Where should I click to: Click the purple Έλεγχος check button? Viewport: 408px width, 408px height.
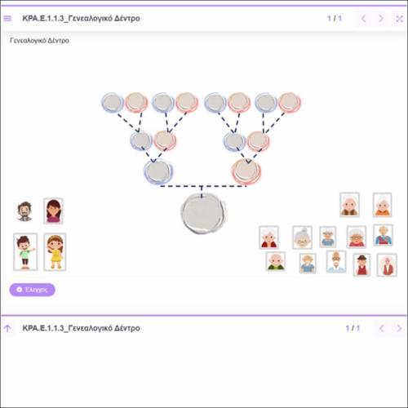(32, 290)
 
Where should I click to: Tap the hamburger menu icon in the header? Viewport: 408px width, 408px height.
(7, 19)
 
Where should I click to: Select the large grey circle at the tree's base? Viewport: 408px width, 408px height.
(203, 214)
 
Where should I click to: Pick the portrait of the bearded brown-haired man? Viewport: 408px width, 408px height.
(24, 211)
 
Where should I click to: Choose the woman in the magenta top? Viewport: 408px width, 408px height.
(53, 211)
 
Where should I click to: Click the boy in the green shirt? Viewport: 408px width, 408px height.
(25, 251)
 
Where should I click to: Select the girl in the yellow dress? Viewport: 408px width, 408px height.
(55, 252)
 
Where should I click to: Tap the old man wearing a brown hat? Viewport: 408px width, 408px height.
(361, 265)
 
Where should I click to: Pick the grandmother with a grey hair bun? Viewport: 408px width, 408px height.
(302, 237)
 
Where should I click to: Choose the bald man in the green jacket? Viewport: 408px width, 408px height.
(276, 261)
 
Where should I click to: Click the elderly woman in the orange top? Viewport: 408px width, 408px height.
(382, 205)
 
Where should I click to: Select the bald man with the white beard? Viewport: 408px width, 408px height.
(336, 262)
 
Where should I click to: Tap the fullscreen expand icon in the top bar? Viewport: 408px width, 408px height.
(399, 19)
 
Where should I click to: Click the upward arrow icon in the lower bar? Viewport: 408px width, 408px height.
(7, 328)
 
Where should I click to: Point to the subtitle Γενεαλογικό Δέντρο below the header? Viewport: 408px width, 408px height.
(39, 41)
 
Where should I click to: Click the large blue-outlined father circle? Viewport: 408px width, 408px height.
(158, 171)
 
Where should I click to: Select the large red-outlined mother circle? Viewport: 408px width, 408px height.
(246, 171)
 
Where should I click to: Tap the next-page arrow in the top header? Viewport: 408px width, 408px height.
(381, 19)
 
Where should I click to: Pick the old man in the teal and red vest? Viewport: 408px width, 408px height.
(383, 235)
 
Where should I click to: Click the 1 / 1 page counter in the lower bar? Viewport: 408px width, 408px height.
(353, 328)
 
